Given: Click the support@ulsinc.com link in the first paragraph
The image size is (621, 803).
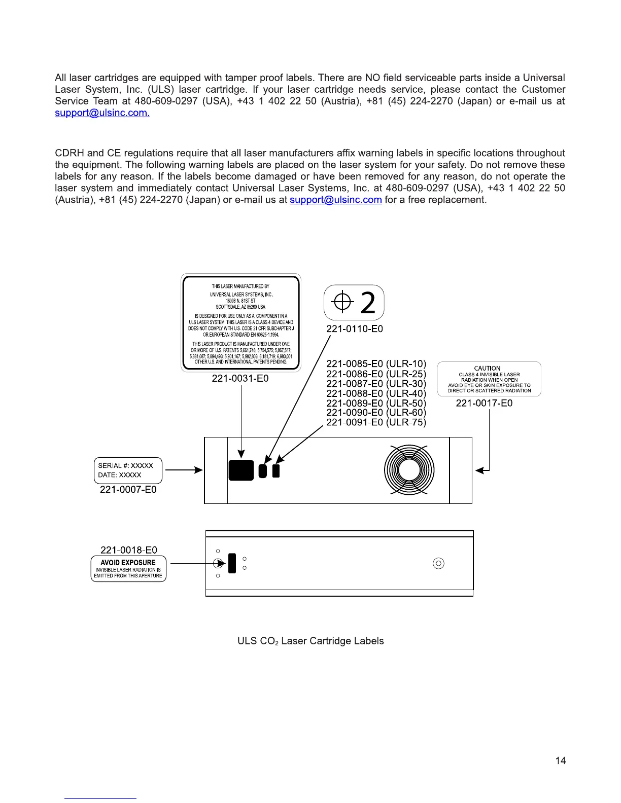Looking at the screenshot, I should point(102,113).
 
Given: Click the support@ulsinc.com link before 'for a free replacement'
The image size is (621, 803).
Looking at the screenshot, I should point(335,200).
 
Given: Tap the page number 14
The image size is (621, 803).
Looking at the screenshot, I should point(560,760).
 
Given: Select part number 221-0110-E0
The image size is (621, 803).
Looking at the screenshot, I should point(354,329).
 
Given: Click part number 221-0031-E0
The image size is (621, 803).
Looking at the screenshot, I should point(240,379).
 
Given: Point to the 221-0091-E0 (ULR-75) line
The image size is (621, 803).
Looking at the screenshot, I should point(376,422).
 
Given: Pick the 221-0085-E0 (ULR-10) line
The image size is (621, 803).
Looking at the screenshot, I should point(376,364).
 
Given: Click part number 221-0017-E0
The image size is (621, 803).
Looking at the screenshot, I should point(484,403).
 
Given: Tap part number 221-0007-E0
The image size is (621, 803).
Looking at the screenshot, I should point(128,490).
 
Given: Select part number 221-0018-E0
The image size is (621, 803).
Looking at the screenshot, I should point(129,550).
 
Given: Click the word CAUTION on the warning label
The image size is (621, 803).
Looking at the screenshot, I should point(487,369).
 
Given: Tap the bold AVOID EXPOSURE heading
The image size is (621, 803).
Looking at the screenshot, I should point(128,563).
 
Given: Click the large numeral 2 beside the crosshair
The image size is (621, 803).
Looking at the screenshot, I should point(368,303).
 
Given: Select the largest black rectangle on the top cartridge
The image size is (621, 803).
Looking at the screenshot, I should point(241,470).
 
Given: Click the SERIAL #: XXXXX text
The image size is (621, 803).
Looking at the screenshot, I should point(125,466).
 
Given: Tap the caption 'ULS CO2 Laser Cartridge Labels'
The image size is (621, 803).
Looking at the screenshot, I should point(310,641).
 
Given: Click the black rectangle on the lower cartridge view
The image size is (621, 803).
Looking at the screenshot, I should point(232,563).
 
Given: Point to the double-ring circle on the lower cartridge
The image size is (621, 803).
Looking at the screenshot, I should point(439,563).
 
